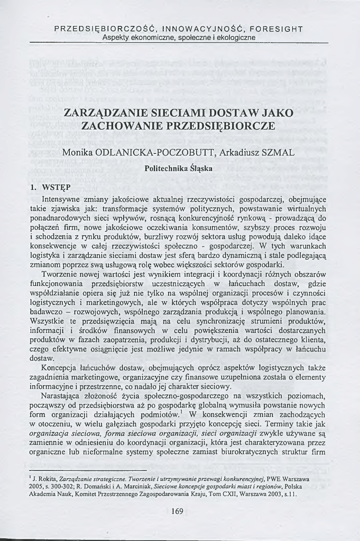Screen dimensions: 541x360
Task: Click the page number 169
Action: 178,511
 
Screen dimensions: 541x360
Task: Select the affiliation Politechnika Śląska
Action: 178,169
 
